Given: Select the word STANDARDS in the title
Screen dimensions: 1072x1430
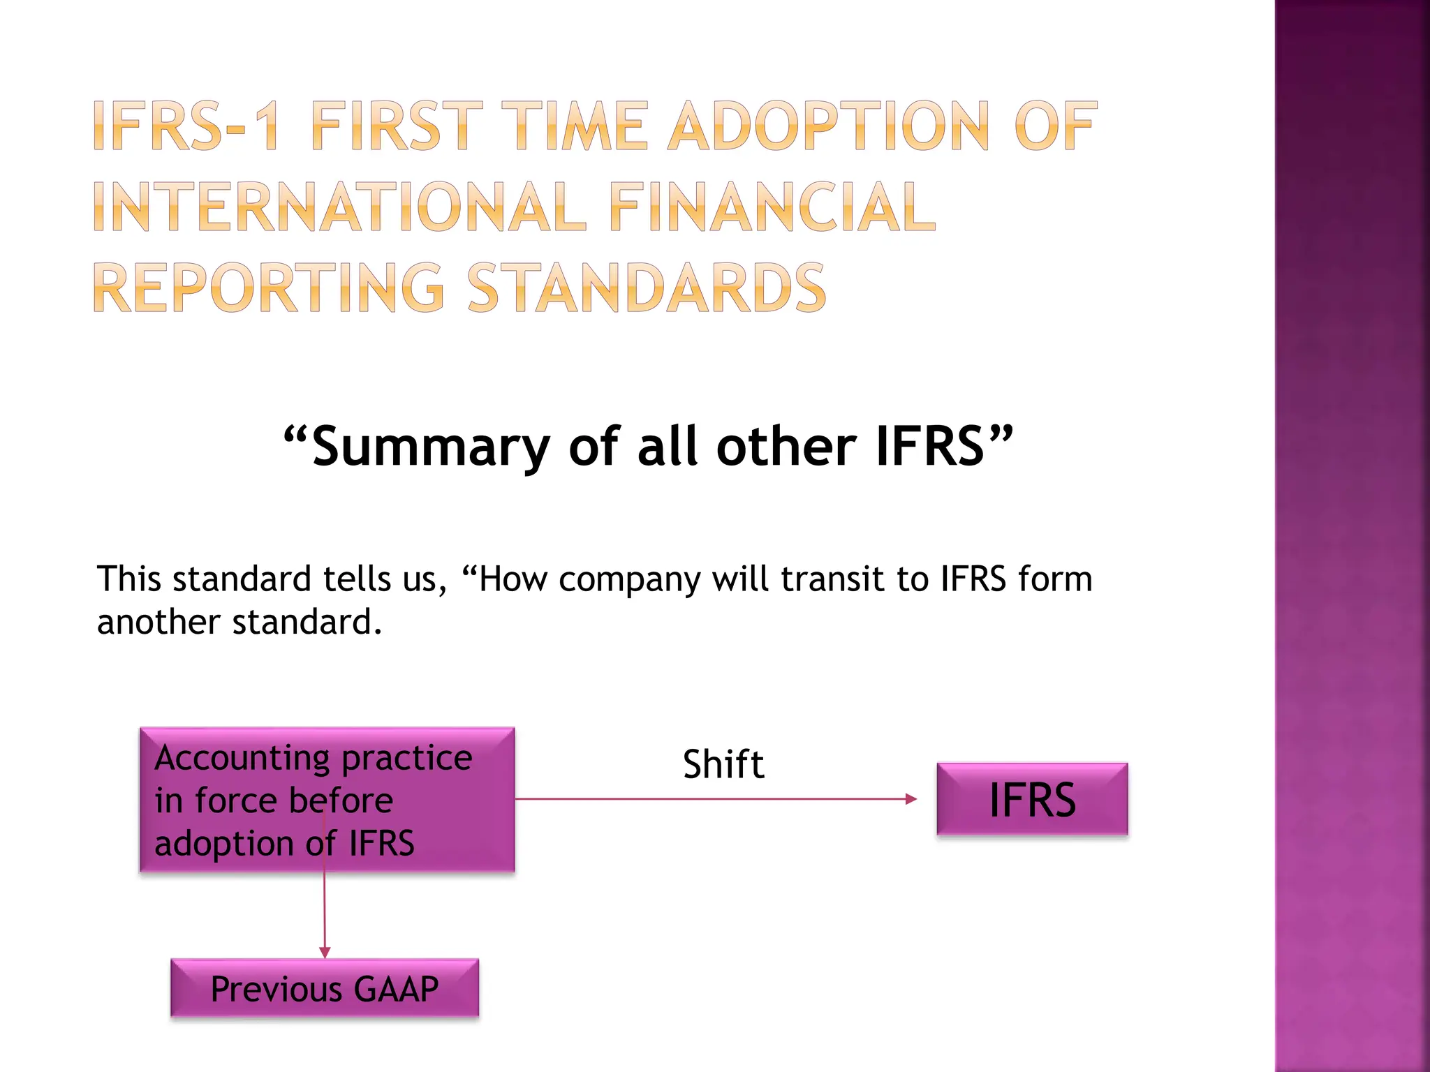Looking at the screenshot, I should click(647, 288).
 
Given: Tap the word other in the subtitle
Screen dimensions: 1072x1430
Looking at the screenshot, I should click(786, 447).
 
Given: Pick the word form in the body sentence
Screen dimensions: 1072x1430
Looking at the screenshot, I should click(1055, 579).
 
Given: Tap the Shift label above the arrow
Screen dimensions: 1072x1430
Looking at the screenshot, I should click(723, 764).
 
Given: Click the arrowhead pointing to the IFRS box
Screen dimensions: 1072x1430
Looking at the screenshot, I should click(911, 799).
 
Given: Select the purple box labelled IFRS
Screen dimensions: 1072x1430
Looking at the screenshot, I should click(1032, 799).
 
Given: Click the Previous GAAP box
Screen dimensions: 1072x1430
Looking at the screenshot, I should click(325, 988).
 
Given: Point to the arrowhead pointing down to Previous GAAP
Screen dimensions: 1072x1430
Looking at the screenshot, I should click(325, 953).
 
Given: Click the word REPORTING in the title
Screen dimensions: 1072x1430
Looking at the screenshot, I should click(269, 288).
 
